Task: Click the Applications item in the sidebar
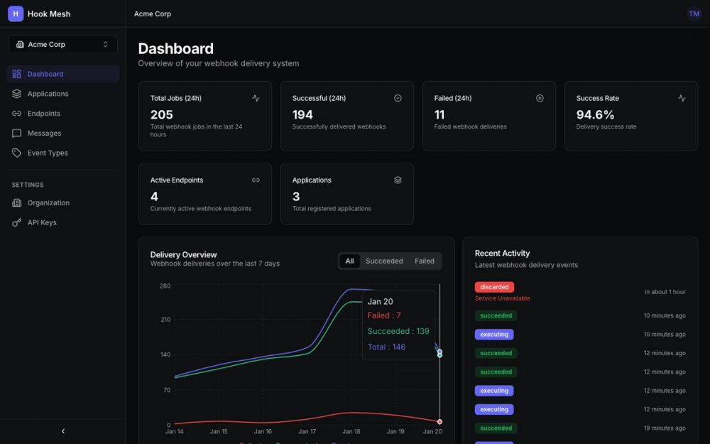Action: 48,94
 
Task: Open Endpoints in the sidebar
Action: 43,114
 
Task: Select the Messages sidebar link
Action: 44,134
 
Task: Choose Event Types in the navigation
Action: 48,153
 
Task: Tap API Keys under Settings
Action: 42,222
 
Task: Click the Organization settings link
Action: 48,202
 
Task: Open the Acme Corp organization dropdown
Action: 62,44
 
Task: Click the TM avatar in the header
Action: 694,13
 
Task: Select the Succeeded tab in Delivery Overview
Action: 384,261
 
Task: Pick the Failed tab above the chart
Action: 425,261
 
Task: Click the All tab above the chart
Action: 349,261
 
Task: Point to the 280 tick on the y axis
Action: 165,286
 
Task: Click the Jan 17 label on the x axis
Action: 307,431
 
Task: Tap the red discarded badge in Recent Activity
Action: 494,287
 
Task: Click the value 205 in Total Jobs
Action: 162,114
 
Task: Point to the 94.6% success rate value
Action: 596,114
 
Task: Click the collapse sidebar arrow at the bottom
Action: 63,431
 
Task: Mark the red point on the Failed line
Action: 439,422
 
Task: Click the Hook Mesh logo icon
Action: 16,13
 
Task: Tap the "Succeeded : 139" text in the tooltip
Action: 398,331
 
